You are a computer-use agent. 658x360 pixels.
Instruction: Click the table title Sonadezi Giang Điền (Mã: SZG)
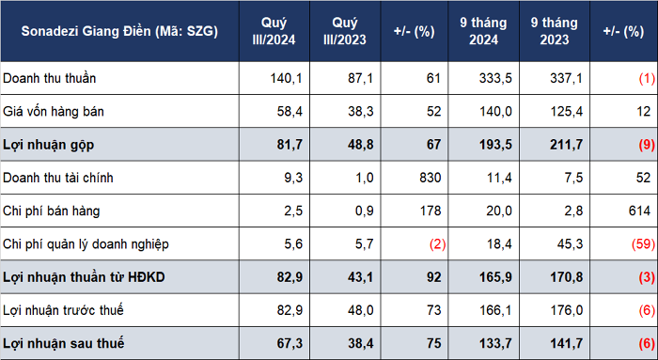[119, 31]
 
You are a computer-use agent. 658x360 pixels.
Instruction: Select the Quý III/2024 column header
[274, 31]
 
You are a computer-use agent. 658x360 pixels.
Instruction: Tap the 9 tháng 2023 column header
[555, 31]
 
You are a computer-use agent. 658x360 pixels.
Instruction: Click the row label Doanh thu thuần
[50, 78]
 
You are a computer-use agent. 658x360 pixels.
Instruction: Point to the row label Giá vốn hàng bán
[54, 111]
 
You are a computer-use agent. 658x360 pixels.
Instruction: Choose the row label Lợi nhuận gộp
[48, 145]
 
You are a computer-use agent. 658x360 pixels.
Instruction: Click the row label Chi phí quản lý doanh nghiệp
[86, 244]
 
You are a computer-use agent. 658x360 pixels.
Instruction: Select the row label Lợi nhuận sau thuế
[63, 343]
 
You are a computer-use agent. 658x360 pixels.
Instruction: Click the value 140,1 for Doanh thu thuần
[286, 78]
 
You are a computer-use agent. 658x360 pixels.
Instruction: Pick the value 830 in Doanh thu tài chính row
[431, 178]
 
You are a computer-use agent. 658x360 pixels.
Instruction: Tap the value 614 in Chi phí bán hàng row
[639, 211]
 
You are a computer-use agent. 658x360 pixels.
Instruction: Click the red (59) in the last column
[643, 243]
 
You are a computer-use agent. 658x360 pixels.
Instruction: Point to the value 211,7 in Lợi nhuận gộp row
[567, 145]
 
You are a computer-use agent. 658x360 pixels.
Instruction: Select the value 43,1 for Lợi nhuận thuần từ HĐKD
[360, 277]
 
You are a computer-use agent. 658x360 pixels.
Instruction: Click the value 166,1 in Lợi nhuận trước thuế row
[495, 310]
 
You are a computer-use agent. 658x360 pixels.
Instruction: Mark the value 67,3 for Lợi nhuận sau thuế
[290, 343]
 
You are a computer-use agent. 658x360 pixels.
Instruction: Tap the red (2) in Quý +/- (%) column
[437, 243]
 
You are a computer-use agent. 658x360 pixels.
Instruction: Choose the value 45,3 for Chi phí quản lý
[570, 243]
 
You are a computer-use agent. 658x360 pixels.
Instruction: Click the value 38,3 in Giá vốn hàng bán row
[360, 111]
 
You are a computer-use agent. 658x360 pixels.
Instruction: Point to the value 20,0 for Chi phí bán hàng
[499, 211]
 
